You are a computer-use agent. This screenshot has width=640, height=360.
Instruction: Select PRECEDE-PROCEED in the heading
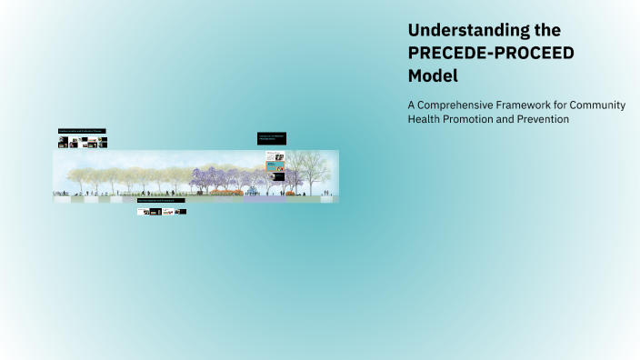[x=491, y=53]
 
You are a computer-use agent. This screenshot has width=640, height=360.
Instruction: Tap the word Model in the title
[x=434, y=75]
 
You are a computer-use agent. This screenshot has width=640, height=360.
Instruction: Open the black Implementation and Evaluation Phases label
[x=81, y=132]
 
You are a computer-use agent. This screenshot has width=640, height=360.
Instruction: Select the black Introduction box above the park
[x=272, y=137]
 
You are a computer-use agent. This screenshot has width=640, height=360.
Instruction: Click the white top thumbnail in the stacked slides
[x=275, y=156]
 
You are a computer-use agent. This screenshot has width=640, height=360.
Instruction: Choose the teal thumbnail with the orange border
[x=275, y=166]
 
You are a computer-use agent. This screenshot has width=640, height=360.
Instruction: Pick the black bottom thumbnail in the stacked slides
[x=275, y=176]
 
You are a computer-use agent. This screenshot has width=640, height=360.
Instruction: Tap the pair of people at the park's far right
[x=326, y=193]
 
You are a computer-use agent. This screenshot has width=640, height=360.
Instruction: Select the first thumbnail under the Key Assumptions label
[x=142, y=211]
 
